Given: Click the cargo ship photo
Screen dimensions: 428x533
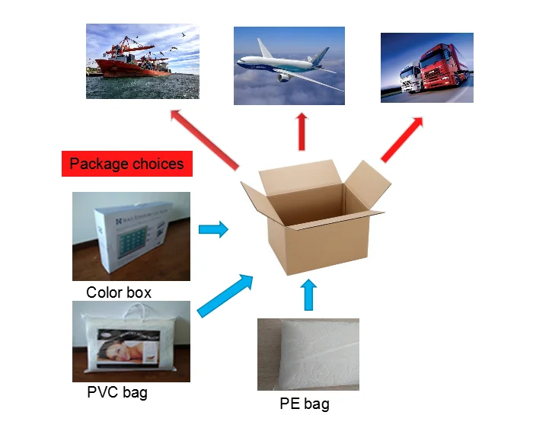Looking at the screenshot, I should pyautogui.click(x=142, y=61).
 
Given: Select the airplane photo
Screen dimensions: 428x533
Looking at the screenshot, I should pyautogui.click(x=289, y=65).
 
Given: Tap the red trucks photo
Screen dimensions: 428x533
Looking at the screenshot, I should pyautogui.click(x=426, y=67).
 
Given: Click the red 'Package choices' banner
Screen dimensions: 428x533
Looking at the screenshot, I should pyautogui.click(x=126, y=164).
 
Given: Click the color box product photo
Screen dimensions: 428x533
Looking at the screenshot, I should pyautogui.click(x=131, y=236).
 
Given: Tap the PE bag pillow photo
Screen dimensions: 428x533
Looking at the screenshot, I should pyautogui.click(x=308, y=354).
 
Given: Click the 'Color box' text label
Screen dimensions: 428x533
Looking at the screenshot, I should pyautogui.click(x=119, y=292).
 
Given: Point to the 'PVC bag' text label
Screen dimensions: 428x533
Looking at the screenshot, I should pyautogui.click(x=117, y=393).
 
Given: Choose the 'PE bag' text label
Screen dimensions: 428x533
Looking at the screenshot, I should pyautogui.click(x=304, y=404).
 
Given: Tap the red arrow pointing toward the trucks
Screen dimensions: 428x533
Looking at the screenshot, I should pyautogui.click(x=402, y=139).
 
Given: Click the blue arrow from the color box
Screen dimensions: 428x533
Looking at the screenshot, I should pyautogui.click(x=213, y=228).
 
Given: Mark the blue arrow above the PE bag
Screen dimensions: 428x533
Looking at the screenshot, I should pyautogui.click(x=308, y=295).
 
